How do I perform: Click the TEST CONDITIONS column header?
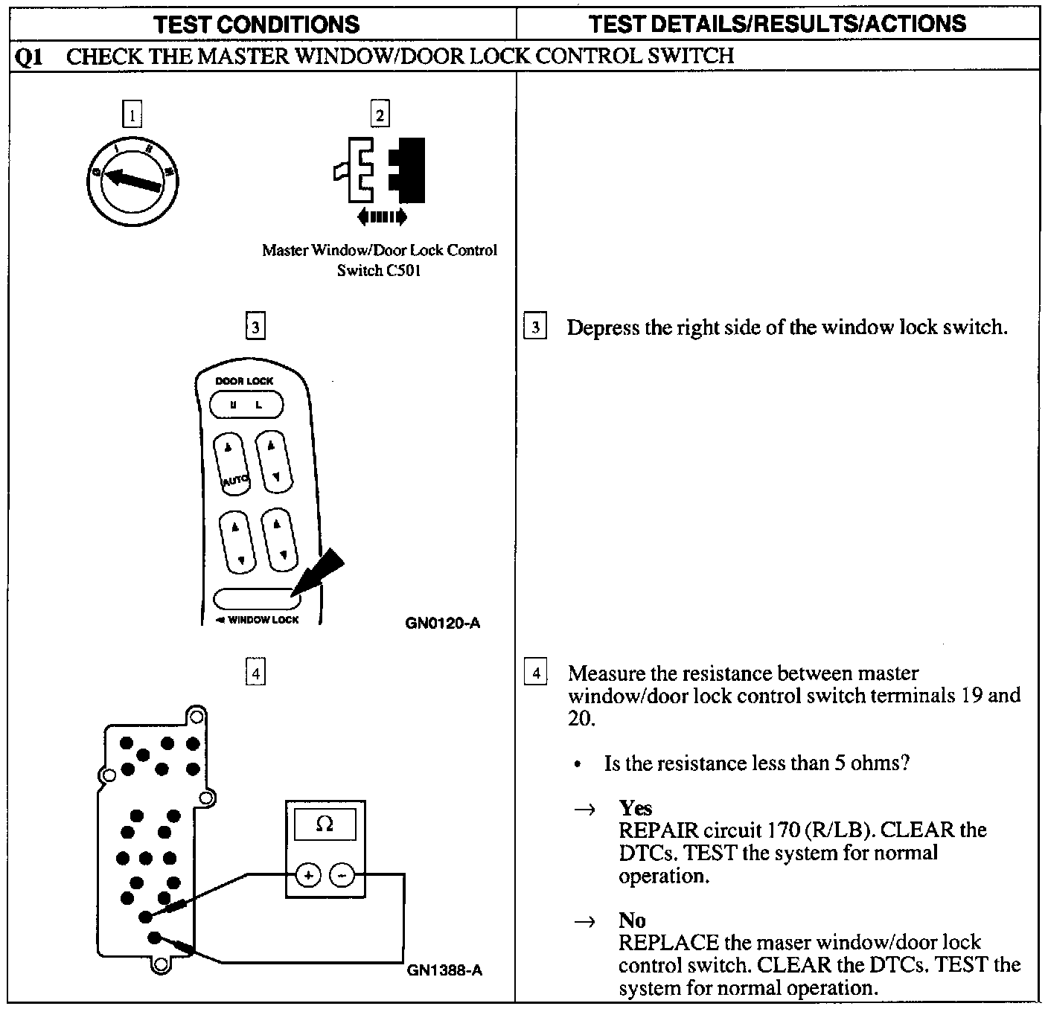point(257,24)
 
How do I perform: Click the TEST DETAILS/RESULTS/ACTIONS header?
point(777,24)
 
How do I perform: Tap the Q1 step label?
point(29,57)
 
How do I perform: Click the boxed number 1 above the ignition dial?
point(132,115)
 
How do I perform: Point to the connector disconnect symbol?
point(380,170)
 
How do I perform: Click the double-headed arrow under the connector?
point(382,217)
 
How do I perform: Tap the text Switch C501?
point(379,271)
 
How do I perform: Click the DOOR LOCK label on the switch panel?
point(244,381)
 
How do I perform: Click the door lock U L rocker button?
point(246,406)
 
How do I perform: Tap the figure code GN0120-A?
point(443,623)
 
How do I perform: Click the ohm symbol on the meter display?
point(325,824)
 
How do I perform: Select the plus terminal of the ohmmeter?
point(308,876)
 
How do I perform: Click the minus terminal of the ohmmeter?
point(342,876)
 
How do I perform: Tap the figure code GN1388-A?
point(444,970)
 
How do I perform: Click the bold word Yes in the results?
point(635,808)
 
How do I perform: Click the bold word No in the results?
point(632,920)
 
